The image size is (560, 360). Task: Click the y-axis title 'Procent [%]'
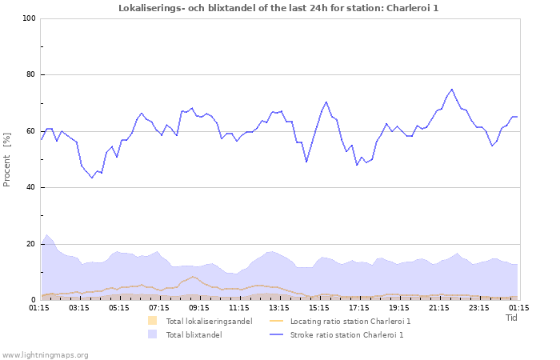(x=8, y=160)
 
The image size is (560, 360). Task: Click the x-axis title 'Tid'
(x=511, y=318)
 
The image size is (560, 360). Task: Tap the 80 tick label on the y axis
(x=30, y=75)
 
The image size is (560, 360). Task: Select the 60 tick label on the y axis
(x=30, y=131)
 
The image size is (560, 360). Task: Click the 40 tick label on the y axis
(x=30, y=188)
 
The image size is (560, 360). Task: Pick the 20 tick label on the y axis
(x=30, y=244)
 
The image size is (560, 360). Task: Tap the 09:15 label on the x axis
(x=199, y=307)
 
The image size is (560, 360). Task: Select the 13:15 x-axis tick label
(x=279, y=307)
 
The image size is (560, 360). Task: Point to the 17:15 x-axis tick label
(x=359, y=307)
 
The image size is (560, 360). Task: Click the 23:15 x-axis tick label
(x=479, y=307)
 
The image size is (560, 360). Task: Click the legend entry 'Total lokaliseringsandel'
(x=209, y=321)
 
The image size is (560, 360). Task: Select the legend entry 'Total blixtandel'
(x=194, y=335)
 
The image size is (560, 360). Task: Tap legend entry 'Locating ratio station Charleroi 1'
(x=350, y=321)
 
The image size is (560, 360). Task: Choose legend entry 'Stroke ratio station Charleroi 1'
(x=346, y=335)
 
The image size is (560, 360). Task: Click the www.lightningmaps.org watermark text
(x=45, y=354)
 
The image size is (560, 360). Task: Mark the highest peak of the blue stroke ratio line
(x=452, y=89)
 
